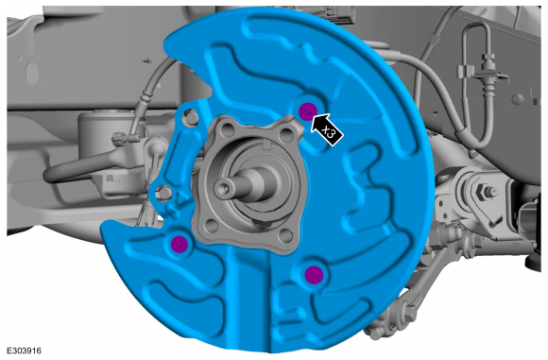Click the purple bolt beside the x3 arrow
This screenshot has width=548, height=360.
pos(307,111)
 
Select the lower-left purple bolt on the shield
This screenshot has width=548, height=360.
pos(180,244)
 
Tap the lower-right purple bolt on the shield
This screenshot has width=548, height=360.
pos(313,274)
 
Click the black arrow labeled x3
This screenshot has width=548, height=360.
pos(326,129)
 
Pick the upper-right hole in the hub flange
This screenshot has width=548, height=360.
pos(286,134)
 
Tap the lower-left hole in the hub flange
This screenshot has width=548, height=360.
pos(211,226)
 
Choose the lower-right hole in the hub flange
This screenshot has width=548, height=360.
pos(286,235)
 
